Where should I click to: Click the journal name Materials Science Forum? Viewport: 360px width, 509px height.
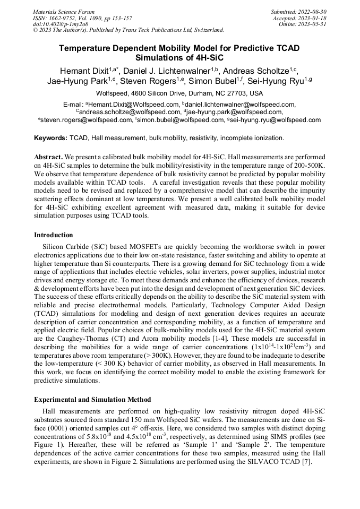coord(64,12)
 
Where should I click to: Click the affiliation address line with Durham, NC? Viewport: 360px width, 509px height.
coord(179,93)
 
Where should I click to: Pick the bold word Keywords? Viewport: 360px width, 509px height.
coord(51,138)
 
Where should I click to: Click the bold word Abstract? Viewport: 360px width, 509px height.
coord(48,158)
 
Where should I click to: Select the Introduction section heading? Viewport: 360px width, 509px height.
coord(54,235)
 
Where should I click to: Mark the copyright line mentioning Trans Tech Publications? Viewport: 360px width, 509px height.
coord(128,30)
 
